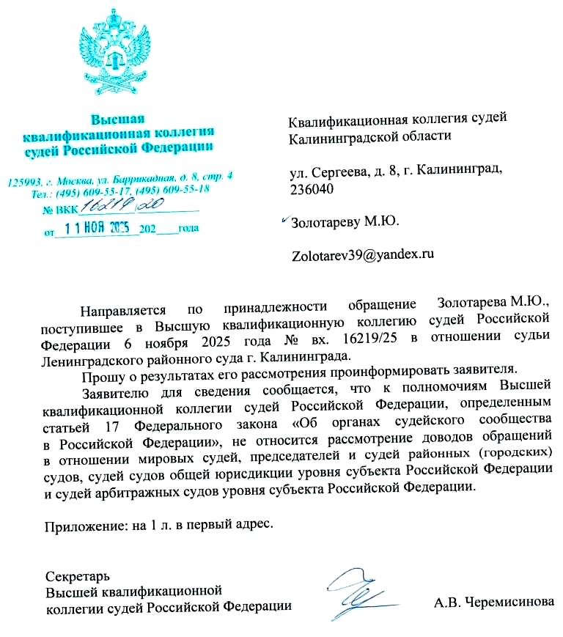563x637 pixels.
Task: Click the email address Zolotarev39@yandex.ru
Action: point(363,255)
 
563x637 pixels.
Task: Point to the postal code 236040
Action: point(313,189)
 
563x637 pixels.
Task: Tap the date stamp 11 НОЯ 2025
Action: point(97,227)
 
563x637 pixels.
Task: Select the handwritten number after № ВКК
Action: point(111,205)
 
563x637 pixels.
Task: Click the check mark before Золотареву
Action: point(285,218)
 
